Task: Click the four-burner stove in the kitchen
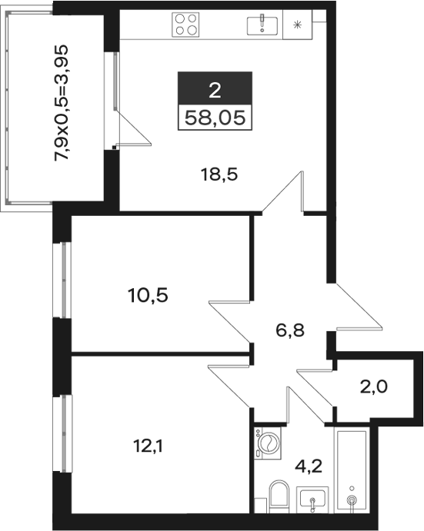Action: (185, 25)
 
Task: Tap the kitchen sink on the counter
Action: (262, 25)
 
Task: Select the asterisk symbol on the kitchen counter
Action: (297, 25)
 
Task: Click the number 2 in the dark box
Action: (215, 91)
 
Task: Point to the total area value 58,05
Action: (215, 118)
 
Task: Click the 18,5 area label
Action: (219, 175)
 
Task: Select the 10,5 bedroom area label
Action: (149, 295)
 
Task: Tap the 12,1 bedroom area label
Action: (149, 446)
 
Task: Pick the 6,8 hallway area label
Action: (290, 331)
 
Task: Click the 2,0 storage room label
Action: (373, 387)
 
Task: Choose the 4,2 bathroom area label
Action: (309, 467)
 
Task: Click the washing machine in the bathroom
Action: (268, 443)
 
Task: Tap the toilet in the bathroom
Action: (279, 496)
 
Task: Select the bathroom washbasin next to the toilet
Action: (312, 499)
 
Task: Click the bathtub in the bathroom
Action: (352, 470)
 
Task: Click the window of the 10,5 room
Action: (63, 280)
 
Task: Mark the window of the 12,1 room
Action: (63, 433)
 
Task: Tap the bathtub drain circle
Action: (352, 499)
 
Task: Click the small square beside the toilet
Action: (261, 506)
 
